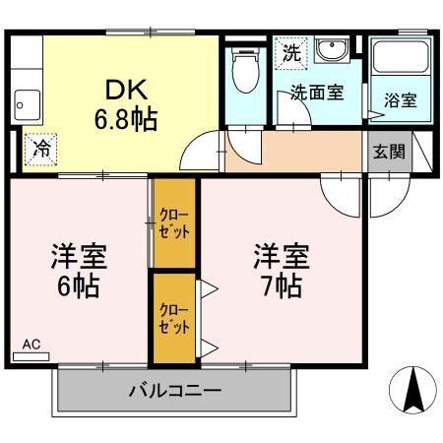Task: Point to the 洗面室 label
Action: (x=316, y=94)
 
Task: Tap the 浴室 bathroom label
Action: (x=400, y=99)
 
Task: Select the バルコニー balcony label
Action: (x=175, y=391)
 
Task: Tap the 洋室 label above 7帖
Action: (x=283, y=257)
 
